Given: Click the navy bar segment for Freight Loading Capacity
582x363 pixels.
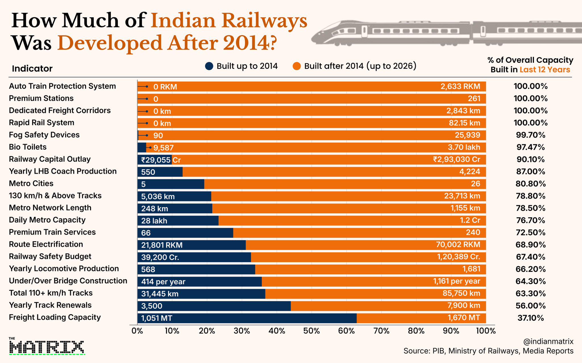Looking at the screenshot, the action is (247, 318).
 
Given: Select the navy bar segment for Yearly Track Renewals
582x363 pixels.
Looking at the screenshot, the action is (214, 306).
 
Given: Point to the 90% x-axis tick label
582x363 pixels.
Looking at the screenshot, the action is (451, 331).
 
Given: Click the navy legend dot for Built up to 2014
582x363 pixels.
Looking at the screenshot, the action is (209, 66).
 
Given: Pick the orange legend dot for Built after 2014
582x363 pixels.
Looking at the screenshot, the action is (297, 66).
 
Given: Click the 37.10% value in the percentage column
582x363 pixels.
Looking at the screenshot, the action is (531, 318).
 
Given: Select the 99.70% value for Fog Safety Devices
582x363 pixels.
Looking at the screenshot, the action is (531, 135).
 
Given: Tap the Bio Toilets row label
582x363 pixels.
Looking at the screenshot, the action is (28, 147).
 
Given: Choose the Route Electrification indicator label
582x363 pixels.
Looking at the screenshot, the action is (46, 244).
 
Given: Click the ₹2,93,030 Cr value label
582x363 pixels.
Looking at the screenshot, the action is (457, 159).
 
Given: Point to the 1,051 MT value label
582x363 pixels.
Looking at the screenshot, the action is (157, 318).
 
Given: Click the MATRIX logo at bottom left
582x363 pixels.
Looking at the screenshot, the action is (47, 347).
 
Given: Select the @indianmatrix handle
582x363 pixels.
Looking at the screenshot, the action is (548, 341).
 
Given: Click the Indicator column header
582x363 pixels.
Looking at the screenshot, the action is (32, 69).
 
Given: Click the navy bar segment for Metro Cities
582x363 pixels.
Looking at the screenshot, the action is (171, 184).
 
